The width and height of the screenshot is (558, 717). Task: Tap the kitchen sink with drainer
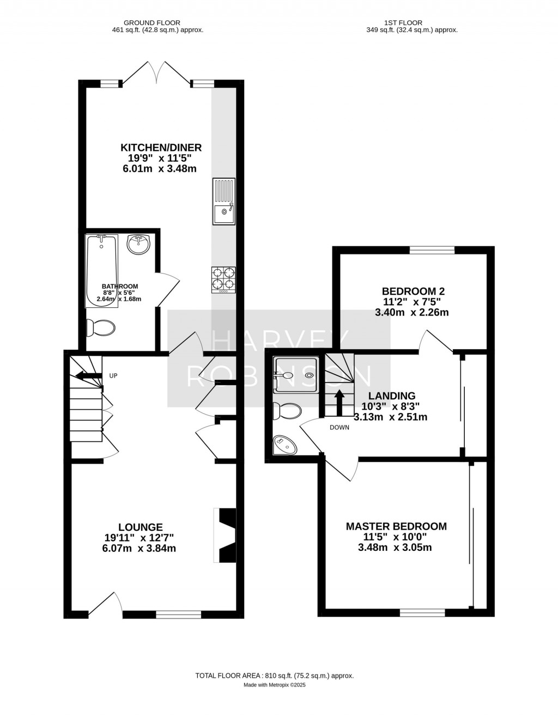[x=223, y=201]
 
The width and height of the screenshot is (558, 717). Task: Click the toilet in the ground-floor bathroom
[x=100, y=328]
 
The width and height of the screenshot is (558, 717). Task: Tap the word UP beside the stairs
[x=113, y=376]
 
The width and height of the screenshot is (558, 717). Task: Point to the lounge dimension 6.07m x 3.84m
[x=139, y=549]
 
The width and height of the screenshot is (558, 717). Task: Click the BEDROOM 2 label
[x=409, y=291]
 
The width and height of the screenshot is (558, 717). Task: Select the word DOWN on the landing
[x=339, y=428]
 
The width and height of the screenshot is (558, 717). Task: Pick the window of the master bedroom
[x=422, y=612]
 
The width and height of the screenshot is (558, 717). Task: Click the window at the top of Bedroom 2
[x=432, y=250]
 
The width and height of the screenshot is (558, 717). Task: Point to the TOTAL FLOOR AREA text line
[x=275, y=676]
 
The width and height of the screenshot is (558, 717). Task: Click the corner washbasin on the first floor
[x=287, y=446]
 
